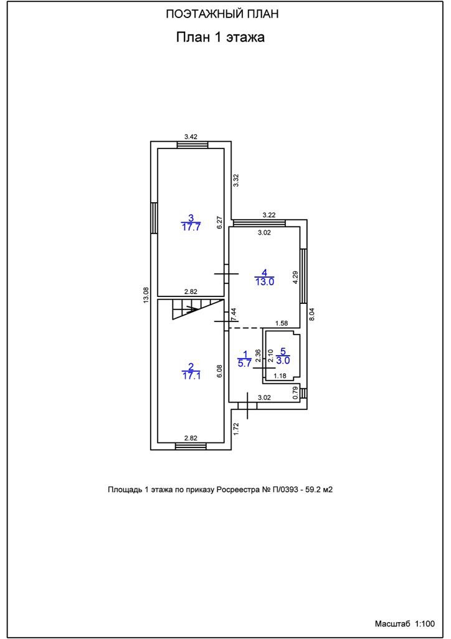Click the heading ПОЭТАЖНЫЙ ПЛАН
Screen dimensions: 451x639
click(x=221, y=14)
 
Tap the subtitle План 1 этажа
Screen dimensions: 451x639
click(x=221, y=37)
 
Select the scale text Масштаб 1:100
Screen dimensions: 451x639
click(x=404, y=623)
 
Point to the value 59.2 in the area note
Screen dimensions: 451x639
click(x=311, y=490)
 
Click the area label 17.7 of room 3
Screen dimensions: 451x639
click(x=191, y=227)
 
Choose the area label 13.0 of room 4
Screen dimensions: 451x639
click(x=264, y=281)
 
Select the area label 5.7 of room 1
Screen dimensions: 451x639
click(x=245, y=364)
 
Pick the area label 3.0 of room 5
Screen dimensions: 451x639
click(x=283, y=360)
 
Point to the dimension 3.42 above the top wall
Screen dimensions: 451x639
click(x=191, y=136)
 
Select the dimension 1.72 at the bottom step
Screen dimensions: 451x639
click(x=236, y=428)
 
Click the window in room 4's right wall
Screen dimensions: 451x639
click(x=304, y=276)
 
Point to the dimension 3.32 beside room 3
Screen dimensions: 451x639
click(x=235, y=181)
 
